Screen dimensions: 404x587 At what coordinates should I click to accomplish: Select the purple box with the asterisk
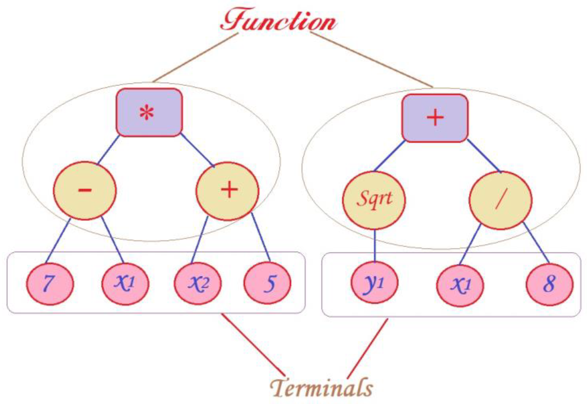tap(149, 113)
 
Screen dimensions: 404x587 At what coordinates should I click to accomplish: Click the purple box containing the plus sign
tap(435, 118)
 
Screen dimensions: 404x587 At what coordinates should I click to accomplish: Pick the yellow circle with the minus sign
tap(85, 190)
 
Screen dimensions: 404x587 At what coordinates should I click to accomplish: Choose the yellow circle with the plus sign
tap(227, 191)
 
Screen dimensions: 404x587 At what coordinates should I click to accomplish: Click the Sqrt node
tap(374, 200)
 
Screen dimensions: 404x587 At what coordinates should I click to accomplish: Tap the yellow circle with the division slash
tap(500, 200)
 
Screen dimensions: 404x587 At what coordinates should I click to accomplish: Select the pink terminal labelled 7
tap(50, 284)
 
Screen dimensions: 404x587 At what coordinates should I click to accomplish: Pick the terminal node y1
tap(374, 283)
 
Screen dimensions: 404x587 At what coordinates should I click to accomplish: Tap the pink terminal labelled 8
tap(549, 284)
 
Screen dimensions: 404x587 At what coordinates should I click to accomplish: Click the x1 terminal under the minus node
tap(125, 284)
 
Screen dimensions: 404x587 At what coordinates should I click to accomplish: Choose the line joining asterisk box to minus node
tap(108, 150)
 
